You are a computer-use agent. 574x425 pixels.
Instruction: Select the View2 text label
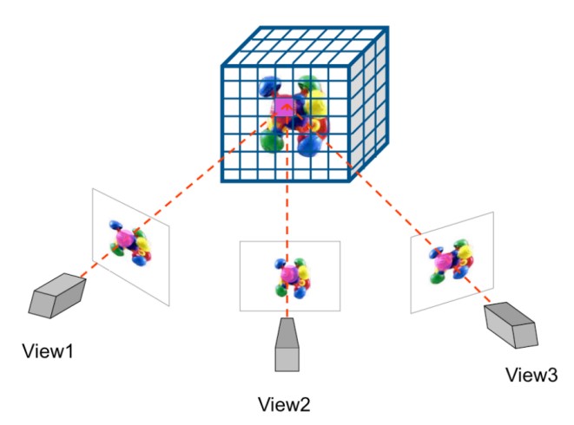[284, 404]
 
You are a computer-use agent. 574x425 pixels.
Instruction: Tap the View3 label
[531, 375]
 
